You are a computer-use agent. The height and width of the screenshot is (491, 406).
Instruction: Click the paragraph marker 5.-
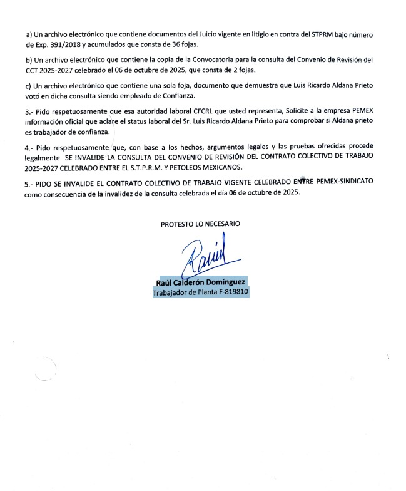pos(23,181)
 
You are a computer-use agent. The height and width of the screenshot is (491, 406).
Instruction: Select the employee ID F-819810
pos(230,292)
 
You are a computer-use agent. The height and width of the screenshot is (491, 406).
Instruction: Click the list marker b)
pos(21,60)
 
